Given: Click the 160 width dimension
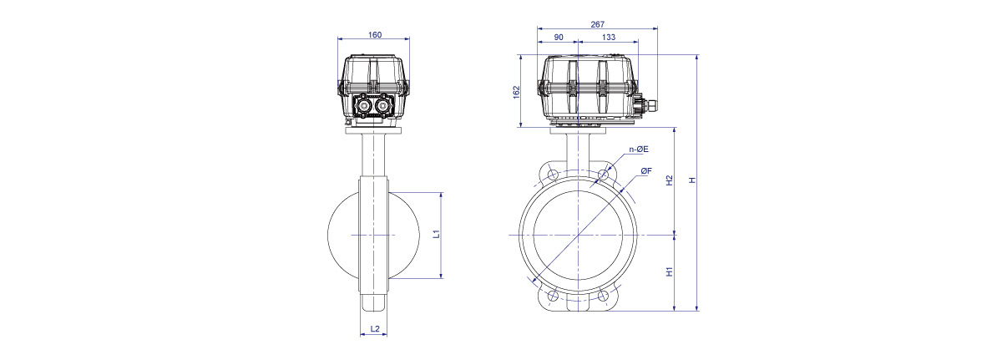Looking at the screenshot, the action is pos(374,35).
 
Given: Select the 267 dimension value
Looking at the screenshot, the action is pos(597,24).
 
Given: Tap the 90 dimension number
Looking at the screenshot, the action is pos(559,38).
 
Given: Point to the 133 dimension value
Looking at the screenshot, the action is pos(609,38).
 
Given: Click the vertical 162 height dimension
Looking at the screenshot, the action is pos(517,92).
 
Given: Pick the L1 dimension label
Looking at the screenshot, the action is pos(437,233).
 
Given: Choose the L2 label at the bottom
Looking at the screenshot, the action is pos(375,329).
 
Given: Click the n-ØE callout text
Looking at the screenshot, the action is pos(639,150).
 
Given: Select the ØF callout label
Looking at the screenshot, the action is pos(646,171).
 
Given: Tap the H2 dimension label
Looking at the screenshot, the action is pos(669,180).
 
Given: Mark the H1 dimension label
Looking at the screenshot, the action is pos(669,271).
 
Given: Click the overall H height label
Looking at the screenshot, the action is pos(692,180).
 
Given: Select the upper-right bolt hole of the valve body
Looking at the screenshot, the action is pos(604,175).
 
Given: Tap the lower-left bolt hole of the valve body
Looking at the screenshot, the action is pos(553,296).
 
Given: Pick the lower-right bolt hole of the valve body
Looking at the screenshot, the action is pos(604,296).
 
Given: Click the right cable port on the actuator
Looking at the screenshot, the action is pos(383,106).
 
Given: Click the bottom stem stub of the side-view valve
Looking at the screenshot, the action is pos(374,302).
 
